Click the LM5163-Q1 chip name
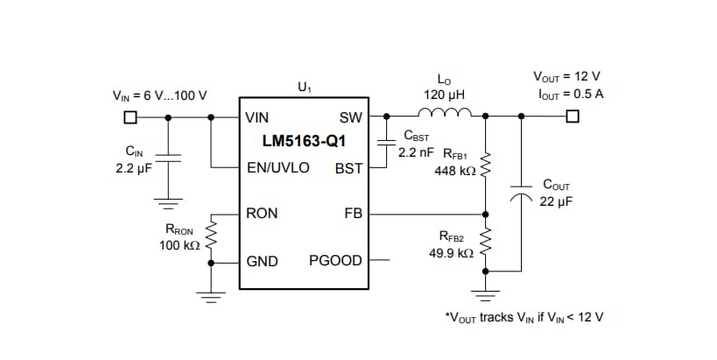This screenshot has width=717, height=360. [304, 141]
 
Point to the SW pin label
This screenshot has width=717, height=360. [350, 117]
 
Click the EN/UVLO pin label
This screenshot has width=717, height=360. [278, 166]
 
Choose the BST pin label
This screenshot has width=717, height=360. [349, 166]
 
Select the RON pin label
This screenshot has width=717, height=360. [263, 213]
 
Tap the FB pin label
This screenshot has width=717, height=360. [353, 213]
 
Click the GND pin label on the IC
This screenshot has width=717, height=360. [263, 260]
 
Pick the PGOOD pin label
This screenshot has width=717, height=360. [335, 260]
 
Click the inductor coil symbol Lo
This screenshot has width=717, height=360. [446, 112]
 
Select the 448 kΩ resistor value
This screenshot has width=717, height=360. [454, 171]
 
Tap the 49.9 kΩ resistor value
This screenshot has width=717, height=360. [452, 252]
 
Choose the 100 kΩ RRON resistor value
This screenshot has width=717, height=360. [180, 245]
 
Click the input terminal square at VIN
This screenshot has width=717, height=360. [130, 116]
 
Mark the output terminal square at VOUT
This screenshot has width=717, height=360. [573, 116]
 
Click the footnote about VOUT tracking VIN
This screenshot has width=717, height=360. [524, 316]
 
